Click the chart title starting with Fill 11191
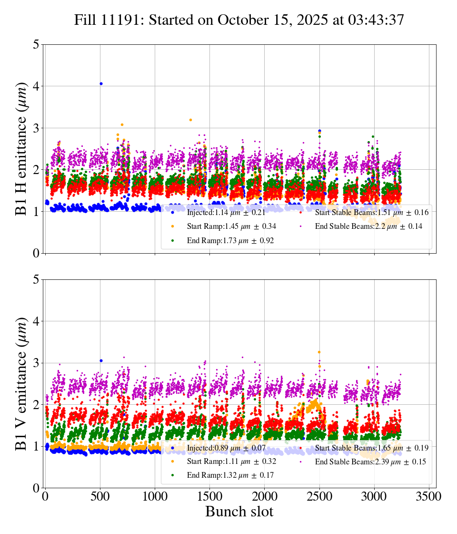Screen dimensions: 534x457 click(x=239, y=20)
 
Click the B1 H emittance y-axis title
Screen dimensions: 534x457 click(x=21, y=148)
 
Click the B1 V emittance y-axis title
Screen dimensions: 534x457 click(x=21, y=383)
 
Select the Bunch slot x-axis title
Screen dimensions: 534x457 click(x=239, y=512)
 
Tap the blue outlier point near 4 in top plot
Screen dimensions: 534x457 click(x=101, y=84)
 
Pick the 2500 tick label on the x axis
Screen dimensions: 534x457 click(x=319, y=496)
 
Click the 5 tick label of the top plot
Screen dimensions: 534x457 click(x=36, y=44)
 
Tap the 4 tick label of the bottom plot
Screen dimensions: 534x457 click(x=36, y=321)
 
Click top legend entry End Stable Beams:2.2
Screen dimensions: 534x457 click(x=368, y=227)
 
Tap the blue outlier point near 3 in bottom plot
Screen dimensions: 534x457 click(x=101, y=361)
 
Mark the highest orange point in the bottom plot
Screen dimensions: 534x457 click(x=319, y=352)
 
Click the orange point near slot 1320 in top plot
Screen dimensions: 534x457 click(x=190, y=120)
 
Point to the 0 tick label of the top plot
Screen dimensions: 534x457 click(x=36, y=253)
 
